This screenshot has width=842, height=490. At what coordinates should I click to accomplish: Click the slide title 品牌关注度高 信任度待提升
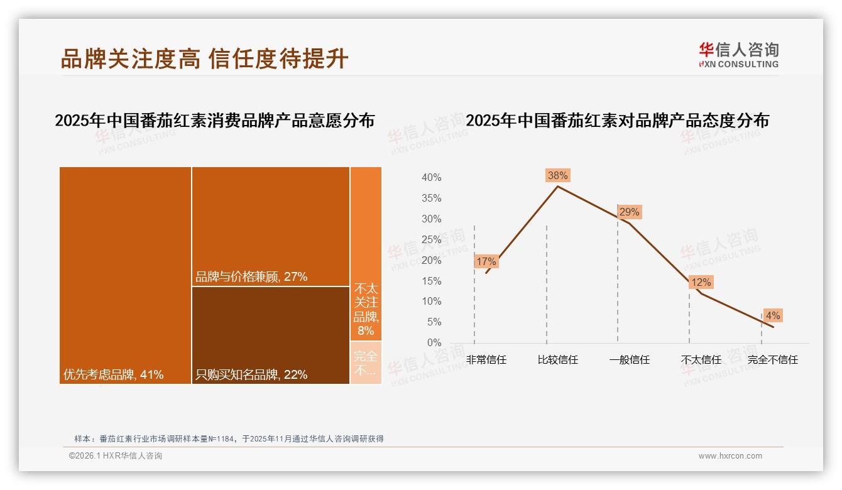(x=204, y=58)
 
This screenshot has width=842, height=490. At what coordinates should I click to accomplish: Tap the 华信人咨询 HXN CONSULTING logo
(x=738, y=55)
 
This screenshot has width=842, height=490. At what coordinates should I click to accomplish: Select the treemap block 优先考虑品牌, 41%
(x=125, y=275)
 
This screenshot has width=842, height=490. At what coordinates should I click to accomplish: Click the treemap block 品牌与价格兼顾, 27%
(x=270, y=226)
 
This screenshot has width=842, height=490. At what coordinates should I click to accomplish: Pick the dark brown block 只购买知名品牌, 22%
(x=270, y=335)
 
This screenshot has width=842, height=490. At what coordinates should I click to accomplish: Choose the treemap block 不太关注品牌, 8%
(x=366, y=254)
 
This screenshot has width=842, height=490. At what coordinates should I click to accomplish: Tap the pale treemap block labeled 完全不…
(x=366, y=362)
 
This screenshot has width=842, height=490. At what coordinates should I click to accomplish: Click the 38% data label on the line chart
(x=557, y=175)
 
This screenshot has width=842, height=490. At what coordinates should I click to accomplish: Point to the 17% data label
(x=486, y=261)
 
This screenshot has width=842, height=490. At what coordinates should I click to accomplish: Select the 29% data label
(x=629, y=212)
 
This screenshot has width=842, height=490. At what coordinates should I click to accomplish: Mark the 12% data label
(x=701, y=283)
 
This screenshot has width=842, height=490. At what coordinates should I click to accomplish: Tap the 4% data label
(x=772, y=315)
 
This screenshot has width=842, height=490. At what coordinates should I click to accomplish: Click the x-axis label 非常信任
(x=486, y=360)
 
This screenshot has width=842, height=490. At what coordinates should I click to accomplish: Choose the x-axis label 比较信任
(x=557, y=360)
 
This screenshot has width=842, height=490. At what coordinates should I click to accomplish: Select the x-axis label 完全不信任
(x=772, y=360)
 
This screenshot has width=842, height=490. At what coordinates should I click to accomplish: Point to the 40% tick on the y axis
(x=431, y=178)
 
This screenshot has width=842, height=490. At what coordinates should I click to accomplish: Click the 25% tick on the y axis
(x=431, y=239)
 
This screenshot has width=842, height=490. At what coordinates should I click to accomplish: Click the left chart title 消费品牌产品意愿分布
(x=214, y=120)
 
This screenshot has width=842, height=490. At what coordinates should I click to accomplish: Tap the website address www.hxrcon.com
(x=730, y=456)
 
